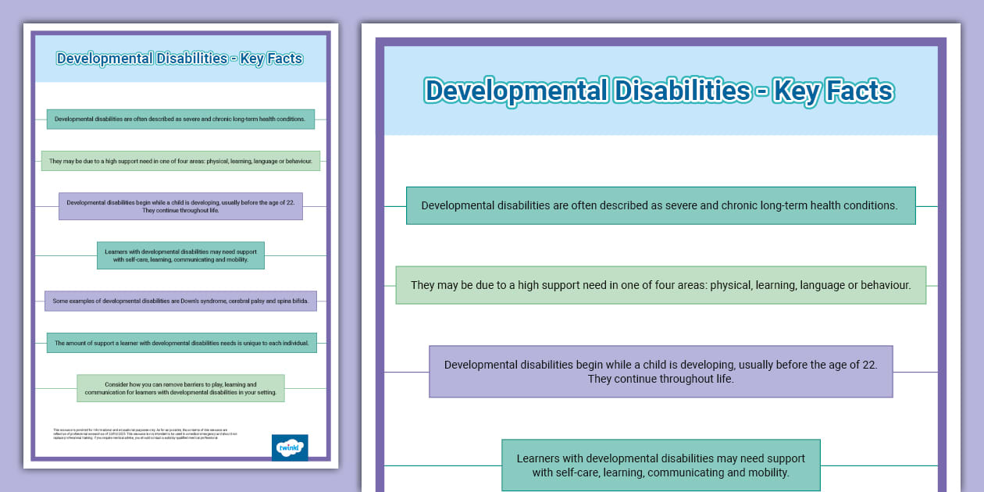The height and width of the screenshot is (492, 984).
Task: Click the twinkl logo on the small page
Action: pos(290,447)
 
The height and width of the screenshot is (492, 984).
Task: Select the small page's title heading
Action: pos(180,59)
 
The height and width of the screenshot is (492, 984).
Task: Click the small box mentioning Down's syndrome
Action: pos(180,301)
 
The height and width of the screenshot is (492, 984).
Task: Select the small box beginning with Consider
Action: pos(180,388)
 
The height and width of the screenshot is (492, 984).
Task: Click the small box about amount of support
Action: pos(180,343)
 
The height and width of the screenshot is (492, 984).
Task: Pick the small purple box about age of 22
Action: pos(180,206)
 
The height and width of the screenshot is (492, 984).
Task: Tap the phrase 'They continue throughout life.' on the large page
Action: pos(661,380)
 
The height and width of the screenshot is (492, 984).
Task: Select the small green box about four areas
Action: pos(180,161)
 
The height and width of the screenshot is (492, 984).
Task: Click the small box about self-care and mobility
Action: pos(180,255)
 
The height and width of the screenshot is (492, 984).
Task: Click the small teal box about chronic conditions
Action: pos(180,119)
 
